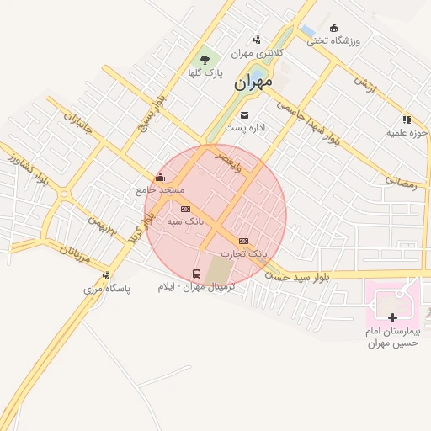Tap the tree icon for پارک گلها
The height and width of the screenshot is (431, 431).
[x=205, y=60]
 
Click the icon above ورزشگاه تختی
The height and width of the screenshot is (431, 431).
[x=333, y=29]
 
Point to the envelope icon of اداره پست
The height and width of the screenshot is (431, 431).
[x=244, y=114]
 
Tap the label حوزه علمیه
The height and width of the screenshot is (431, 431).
[x=407, y=133]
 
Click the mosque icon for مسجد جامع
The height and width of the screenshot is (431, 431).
[x=160, y=177]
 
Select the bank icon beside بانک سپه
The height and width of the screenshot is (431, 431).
[x=185, y=209]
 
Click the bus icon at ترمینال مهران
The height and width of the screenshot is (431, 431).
[x=197, y=274]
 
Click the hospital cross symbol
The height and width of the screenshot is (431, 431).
[x=392, y=317]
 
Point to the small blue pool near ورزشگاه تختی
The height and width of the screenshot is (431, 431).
[x=308, y=32]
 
